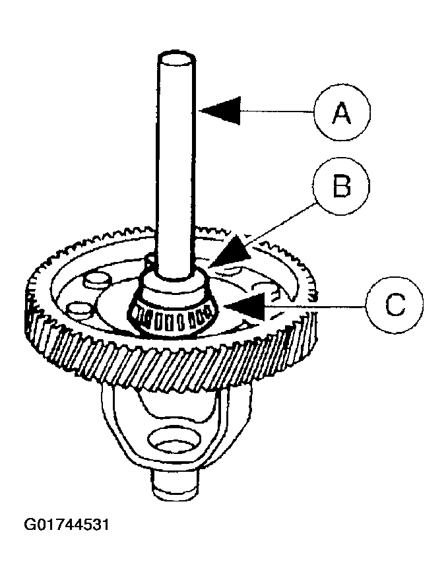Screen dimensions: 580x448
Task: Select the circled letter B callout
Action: click(x=341, y=188)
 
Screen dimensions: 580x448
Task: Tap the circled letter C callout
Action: click(x=394, y=305)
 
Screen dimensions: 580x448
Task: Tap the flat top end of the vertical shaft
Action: click(x=176, y=58)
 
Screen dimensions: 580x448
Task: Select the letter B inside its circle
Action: click(x=341, y=188)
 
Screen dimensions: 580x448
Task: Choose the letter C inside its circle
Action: click(x=394, y=305)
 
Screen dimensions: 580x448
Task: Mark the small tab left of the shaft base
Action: click(x=149, y=263)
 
